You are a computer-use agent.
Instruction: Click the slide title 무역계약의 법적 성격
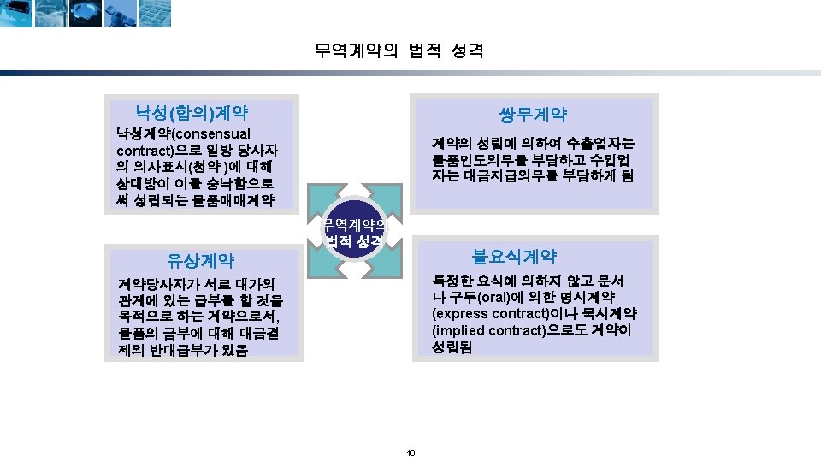point(399,51)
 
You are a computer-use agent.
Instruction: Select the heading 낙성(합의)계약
point(192,111)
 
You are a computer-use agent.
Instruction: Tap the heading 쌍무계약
point(532,115)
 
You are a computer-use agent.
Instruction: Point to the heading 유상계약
point(201,261)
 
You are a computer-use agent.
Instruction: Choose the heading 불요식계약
point(514,256)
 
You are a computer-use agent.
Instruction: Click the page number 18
point(410,453)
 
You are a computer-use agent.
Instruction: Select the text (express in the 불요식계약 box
point(463,313)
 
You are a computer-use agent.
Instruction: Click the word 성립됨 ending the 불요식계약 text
point(453,347)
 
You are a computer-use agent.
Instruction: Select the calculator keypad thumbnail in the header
point(155,14)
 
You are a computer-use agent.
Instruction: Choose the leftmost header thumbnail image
point(17,14)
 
